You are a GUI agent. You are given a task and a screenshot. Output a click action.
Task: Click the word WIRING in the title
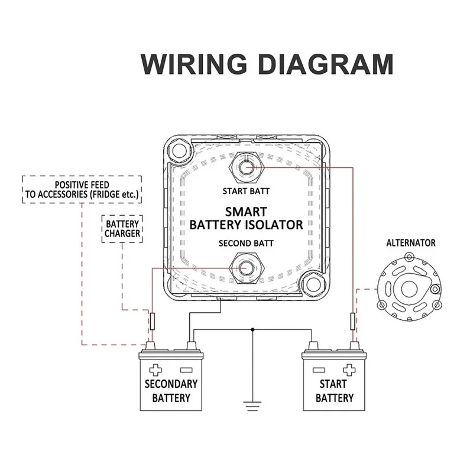click(x=194, y=64)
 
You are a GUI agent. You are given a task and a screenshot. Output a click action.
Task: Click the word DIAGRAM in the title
click(x=326, y=64)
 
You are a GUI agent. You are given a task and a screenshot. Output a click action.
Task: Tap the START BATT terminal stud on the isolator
click(x=247, y=167)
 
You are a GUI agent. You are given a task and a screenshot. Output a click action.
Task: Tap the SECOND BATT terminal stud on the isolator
click(x=247, y=268)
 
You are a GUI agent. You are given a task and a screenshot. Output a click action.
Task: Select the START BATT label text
click(x=246, y=191)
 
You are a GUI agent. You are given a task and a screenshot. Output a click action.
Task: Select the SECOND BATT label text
click(x=246, y=243)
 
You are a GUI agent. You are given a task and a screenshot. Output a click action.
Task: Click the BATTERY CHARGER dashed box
click(x=122, y=229)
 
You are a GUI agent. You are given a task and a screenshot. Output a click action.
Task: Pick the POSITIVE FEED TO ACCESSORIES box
click(x=82, y=189)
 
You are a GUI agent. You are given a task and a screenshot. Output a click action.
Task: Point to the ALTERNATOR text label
click(x=411, y=243)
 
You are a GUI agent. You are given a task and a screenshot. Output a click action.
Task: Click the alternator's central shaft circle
click(x=409, y=289)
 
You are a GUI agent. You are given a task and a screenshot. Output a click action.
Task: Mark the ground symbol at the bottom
click(x=252, y=406)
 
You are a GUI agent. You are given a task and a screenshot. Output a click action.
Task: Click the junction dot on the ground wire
click(x=252, y=329)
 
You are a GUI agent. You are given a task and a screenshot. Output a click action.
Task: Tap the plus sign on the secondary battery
click(x=155, y=370)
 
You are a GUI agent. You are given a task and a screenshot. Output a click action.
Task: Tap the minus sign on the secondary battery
click(x=186, y=370)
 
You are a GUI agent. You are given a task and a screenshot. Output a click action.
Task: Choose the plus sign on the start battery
click(x=349, y=370)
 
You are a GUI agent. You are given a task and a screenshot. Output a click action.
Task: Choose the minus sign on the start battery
click(x=319, y=370)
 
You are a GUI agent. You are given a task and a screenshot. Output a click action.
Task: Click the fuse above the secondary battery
click(x=153, y=321)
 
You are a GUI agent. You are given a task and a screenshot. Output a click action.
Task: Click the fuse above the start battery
click(x=352, y=321)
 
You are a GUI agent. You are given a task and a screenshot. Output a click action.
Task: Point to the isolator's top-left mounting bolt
click(x=179, y=150)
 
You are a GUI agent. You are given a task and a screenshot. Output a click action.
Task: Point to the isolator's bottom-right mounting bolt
click(x=313, y=284)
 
